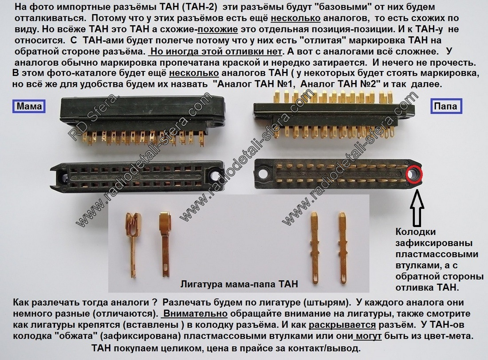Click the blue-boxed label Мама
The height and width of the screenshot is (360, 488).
[29, 106]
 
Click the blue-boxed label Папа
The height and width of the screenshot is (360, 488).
[446, 106]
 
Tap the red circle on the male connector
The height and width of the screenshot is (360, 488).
[414, 174]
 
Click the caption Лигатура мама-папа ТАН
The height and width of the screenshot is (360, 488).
[239, 284]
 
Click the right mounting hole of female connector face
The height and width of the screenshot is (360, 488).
[215, 176]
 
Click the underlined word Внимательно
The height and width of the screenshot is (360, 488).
[196, 313]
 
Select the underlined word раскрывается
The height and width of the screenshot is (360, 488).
[342, 325]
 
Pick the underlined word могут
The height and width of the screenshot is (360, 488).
[369, 336]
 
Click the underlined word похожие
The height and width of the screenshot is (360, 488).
[217, 29]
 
